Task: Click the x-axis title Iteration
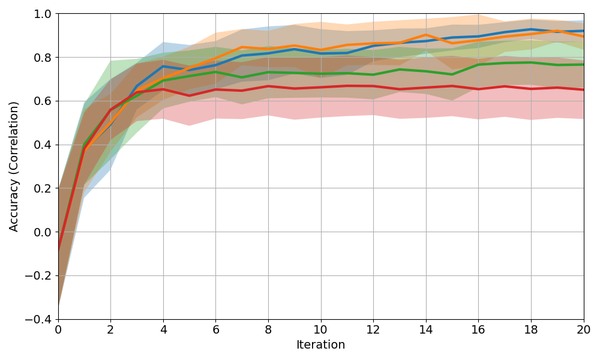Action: tap(320, 345)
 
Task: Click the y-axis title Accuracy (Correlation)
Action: tap(14, 166)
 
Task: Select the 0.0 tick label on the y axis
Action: tap(43, 232)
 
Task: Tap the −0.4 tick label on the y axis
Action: tap(39, 319)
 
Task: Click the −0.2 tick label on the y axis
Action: tap(39, 276)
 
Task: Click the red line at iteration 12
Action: tap(373, 86)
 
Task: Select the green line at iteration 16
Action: tap(478, 64)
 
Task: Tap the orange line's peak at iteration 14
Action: tap(426, 35)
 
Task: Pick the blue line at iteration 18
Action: tap(531, 29)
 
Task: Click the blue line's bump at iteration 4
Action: tap(163, 66)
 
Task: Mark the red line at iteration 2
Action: tap(110, 110)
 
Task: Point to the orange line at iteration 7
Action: tap(242, 47)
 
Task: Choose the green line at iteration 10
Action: tap(320, 74)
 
